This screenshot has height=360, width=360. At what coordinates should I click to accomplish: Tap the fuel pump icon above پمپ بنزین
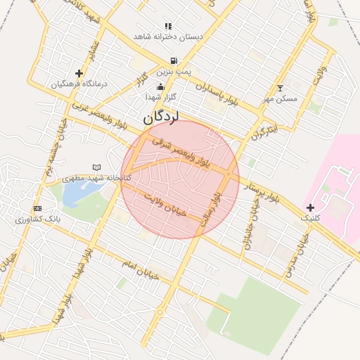click(173, 61)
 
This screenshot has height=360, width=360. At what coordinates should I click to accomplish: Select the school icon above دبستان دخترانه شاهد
click(168, 26)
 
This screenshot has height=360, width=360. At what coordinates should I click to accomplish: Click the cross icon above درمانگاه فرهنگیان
click(79, 73)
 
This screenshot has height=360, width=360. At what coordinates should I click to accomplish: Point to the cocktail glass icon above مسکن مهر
click(281, 89)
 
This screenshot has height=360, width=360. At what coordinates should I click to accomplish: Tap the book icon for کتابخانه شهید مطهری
click(96, 167)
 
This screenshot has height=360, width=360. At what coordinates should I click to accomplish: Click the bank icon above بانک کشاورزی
click(37, 209)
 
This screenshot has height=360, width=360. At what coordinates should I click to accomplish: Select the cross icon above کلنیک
click(310, 207)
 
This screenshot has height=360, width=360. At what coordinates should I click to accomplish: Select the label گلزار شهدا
click(160, 96)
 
